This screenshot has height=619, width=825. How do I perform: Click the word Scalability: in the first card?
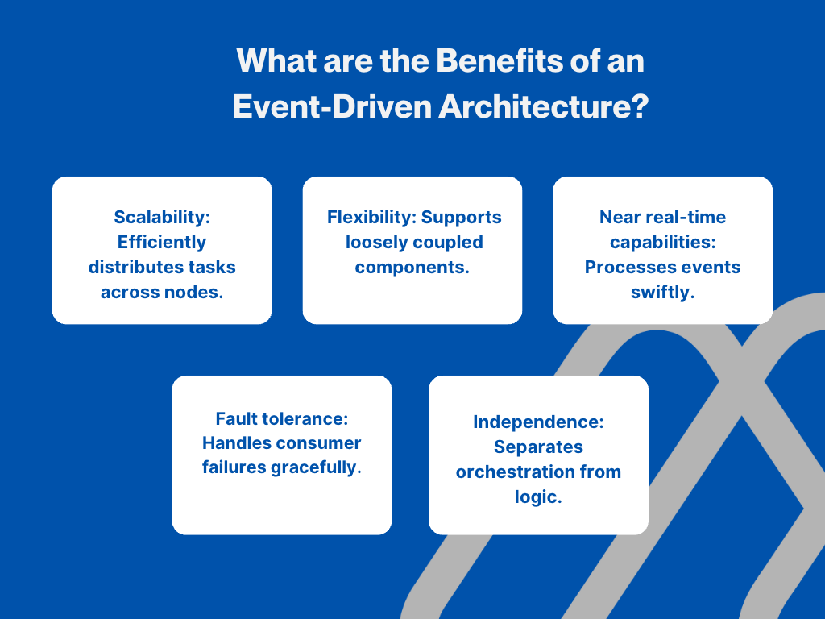(x=161, y=217)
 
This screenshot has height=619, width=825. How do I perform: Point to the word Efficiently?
(x=161, y=242)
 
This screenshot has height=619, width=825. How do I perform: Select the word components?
(x=412, y=267)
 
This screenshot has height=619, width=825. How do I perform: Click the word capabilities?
(x=662, y=242)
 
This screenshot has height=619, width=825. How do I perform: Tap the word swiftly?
(x=662, y=292)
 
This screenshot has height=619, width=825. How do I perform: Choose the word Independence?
(x=538, y=422)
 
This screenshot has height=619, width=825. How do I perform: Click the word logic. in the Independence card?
(x=538, y=496)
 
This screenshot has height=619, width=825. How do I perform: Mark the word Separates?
(x=538, y=447)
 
